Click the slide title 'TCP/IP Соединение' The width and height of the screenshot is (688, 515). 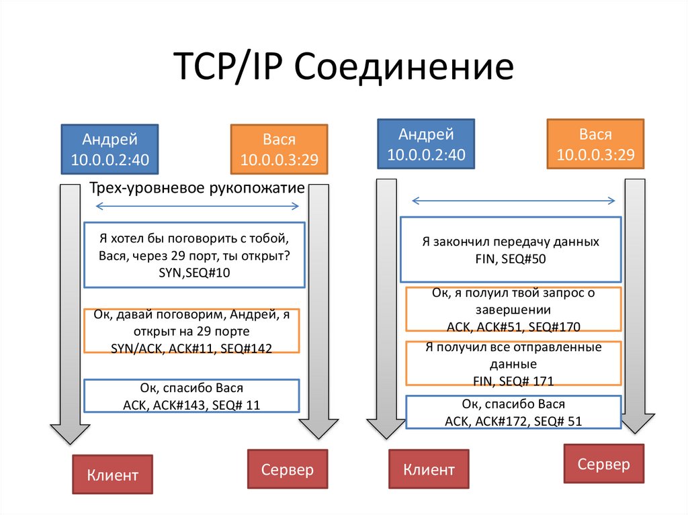coord(343,68)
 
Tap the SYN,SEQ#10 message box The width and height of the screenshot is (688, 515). coord(193,255)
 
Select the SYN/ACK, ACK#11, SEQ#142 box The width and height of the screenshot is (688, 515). coord(191,331)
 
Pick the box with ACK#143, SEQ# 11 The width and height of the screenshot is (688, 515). coord(191,396)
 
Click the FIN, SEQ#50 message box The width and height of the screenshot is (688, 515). coord(511,249)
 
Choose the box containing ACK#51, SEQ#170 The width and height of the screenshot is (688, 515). coord(513,310)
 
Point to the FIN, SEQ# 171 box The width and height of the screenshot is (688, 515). coord(513,365)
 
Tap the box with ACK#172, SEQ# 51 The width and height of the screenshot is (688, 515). coord(513,412)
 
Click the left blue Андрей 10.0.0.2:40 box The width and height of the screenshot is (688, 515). coord(110,149)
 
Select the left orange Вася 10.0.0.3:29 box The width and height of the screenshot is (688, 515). coord(279,149)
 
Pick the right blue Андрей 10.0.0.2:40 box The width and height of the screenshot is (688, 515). coord(426,144)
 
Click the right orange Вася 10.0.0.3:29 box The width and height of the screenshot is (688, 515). coord(595,144)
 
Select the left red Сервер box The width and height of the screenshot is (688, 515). coord(287,469)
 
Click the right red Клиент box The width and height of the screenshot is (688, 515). coord(429,469)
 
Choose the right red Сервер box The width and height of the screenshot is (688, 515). coord(604,463)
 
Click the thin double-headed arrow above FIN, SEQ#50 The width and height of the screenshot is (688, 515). coord(513,200)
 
